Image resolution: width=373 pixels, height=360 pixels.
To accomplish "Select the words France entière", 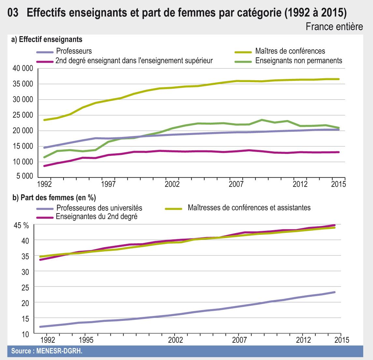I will (x=334, y=27).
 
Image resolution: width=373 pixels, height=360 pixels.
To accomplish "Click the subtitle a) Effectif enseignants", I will (x=47, y=40).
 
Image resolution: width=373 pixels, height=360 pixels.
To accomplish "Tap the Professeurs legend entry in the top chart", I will (x=74, y=51).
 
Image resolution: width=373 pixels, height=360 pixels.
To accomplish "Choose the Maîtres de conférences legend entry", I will (x=290, y=51).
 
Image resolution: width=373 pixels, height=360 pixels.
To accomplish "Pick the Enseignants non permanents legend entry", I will (x=299, y=61).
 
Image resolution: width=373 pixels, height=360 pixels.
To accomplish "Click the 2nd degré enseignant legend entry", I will (x=134, y=61).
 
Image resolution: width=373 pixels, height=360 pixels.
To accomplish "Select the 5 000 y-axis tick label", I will (x=25, y=177).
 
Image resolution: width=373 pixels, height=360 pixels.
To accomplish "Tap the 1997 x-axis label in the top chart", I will (x=108, y=184).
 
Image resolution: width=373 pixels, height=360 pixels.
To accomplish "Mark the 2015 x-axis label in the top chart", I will (x=338, y=184).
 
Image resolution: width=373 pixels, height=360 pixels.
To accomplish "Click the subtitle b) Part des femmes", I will (x=53, y=198).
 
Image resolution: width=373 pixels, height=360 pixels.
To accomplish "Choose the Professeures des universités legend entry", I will (x=99, y=208).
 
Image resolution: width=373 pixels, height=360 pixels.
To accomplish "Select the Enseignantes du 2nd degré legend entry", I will (x=96, y=217).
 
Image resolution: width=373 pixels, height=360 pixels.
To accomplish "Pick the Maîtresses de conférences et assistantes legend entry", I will (x=249, y=208).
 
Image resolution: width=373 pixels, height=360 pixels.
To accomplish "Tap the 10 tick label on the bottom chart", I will (x=26, y=334).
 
